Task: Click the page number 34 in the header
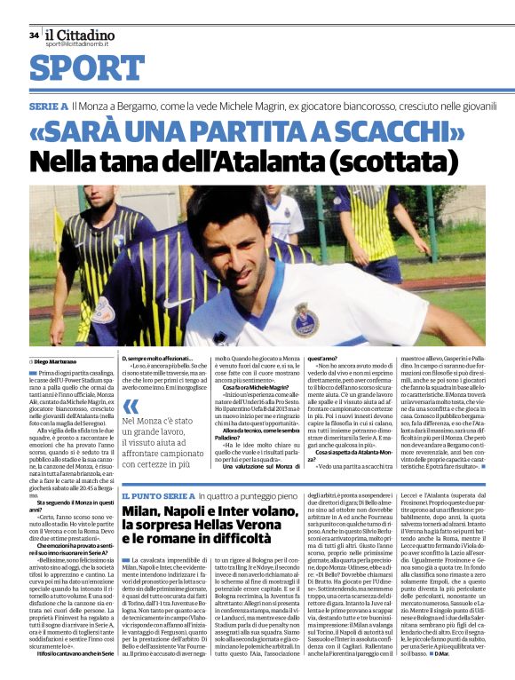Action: pos(34,36)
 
